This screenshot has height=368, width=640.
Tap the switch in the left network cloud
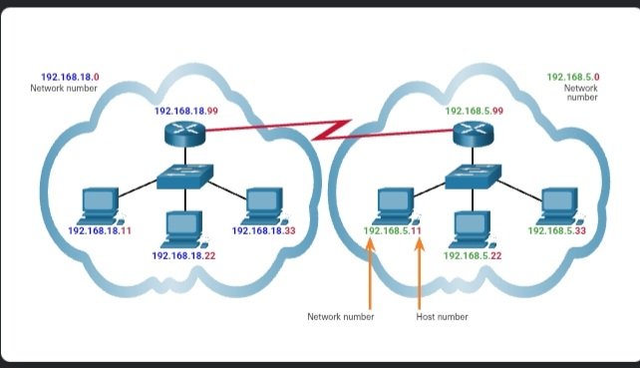(x=185, y=179)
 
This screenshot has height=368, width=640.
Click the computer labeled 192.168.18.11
(x=100, y=204)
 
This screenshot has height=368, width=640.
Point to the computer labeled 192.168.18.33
(x=262, y=204)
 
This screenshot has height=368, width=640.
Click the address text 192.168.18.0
(x=70, y=76)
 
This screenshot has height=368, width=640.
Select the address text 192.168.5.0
(x=573, y=76)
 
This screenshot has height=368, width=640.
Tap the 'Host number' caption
(x=441, y=316)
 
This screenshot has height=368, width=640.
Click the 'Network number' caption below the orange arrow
(x=341, y=316)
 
